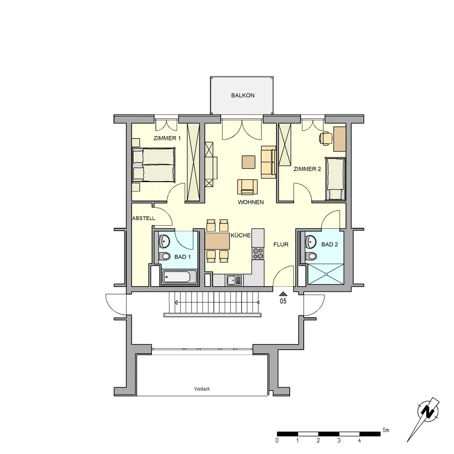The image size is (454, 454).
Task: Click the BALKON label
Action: click(x=242, y=95)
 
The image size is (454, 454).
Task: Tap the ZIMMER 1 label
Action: click(x=167, y=138)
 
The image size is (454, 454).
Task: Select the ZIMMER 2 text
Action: click(x=307, y=169)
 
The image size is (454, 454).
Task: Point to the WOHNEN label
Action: click(x=251, y=202)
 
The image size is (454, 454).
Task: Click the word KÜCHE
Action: click(x=241, y=235)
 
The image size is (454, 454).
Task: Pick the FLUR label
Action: click(x=281, y=244)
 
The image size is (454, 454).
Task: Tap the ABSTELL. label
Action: click(x=144, y=218)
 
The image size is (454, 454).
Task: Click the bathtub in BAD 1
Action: click(x=176, y=277)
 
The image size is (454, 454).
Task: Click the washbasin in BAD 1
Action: click(x=165, y=241)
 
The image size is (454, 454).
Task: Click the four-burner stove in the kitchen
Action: click(x=258, y=253)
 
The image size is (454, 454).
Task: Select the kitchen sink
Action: click(x=234, y=280)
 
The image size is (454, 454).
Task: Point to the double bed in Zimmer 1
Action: click(x=154, y=165)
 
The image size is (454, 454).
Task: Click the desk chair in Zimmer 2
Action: click(x=326, y=138)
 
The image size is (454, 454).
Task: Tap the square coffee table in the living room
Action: click(x=249, y=162)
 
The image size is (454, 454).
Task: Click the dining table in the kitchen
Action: click(x=217, y=242)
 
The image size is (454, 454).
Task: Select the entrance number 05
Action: click(x=283, y=301)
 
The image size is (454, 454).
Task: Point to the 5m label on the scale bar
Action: click(x=385, y=430)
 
